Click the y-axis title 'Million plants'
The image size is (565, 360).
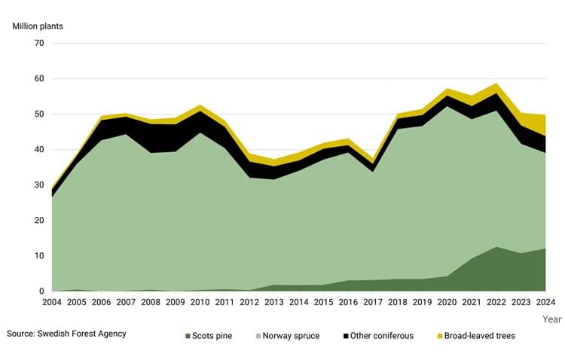click(x=38, y=26)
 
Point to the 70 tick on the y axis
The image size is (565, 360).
click(x=39, y=43)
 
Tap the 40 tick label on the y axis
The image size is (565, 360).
click(x=39, y=150)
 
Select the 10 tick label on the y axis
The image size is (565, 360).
click(x=39, y=256)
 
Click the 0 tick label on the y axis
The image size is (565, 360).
click(x=41, y=291)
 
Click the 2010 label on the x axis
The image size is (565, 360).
click(x=199, y=304)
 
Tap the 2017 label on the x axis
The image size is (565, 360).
click(x=372, y=304)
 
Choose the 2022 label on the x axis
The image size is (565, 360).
click(x=496, y=304)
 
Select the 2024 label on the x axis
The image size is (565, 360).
click(x=545, y=304)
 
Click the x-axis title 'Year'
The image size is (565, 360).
click(x=551, y=319)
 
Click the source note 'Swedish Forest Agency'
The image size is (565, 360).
click(x=66, y=333)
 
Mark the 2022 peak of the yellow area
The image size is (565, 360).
click(x=496, y=84)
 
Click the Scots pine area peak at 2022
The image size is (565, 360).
click(x=496, y=248)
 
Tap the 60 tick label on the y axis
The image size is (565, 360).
click(x=39, y=78)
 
